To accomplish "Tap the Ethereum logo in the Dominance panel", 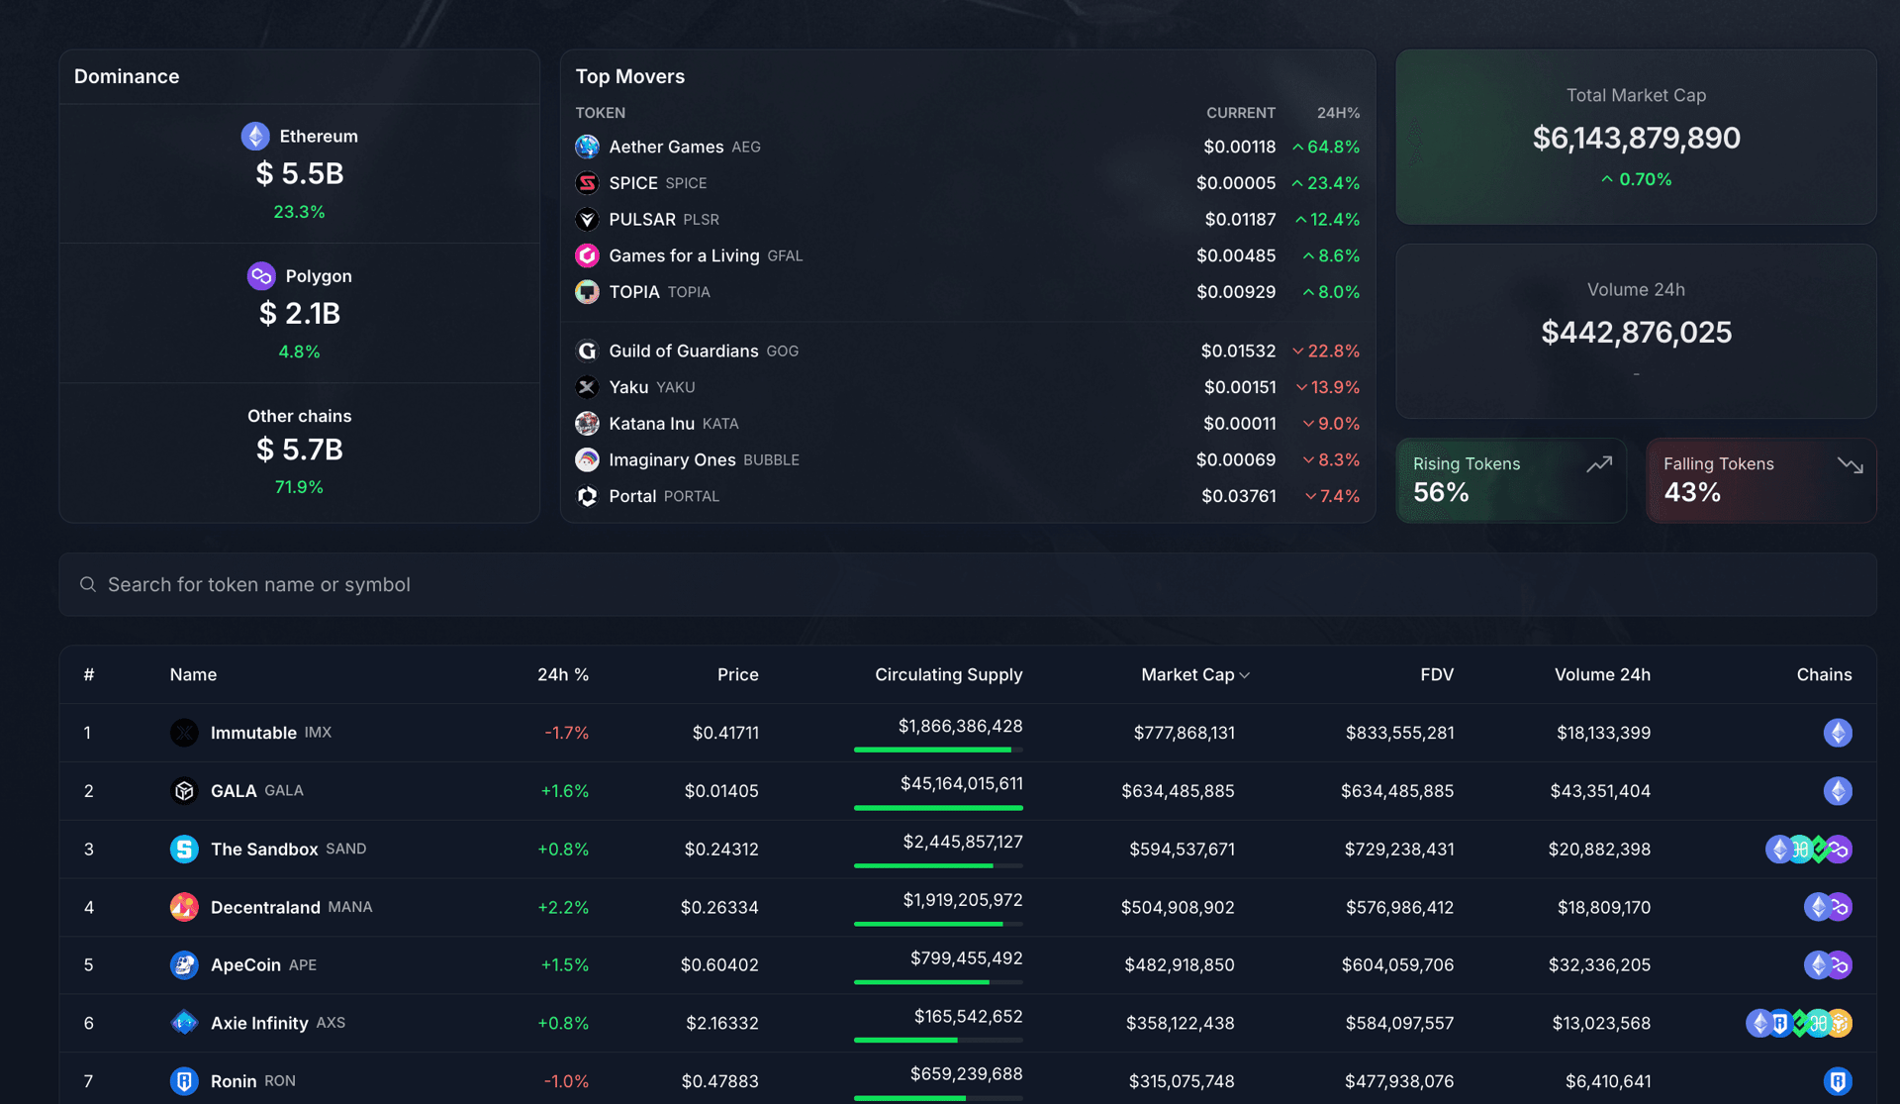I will click(255, 136).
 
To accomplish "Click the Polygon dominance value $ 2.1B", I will click(299, 314).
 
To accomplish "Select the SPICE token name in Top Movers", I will click(633, 183).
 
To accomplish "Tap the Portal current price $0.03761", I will click(1238, 496).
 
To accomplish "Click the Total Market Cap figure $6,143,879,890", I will click(1636, 138).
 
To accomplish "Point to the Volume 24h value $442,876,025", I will click(1636, 333).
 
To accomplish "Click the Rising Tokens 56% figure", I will click(1441, 492).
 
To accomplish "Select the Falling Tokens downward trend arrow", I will click(1850, 464).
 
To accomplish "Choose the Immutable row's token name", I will click(253, 733).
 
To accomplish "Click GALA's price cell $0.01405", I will click(721, 791).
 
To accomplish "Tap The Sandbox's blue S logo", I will click(184, 850).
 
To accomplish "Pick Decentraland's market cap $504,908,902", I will click(1178, 907).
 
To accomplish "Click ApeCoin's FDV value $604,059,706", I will click(1397, 965).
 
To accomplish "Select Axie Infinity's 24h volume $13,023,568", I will click(1601, 1023).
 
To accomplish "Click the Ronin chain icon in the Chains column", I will click(1838, 1081).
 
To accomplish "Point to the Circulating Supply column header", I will click(948, 674).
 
